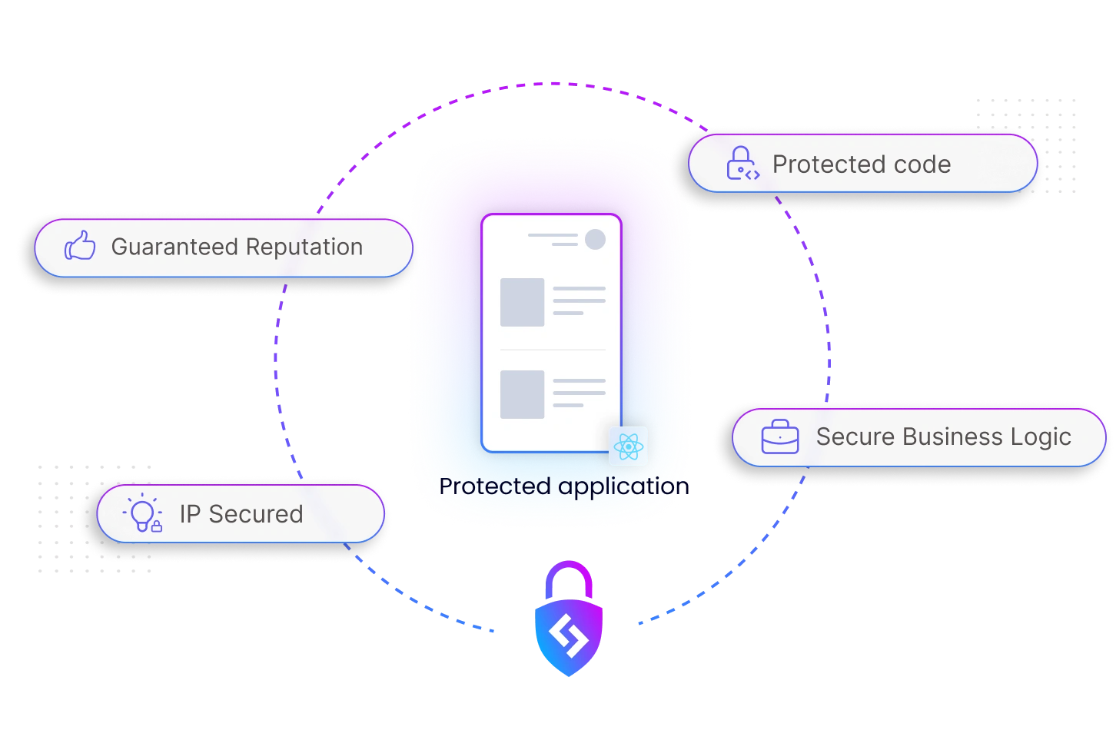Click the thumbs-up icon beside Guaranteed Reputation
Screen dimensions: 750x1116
[80, 247]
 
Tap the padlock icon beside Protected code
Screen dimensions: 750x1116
[742, 164]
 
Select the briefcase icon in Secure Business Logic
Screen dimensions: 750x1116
[779, 436]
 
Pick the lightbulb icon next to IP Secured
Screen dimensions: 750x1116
[143, 514]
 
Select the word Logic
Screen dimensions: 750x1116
[1041, 436]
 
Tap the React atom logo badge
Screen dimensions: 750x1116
[628, 446]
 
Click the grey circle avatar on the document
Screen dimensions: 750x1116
[595, 239]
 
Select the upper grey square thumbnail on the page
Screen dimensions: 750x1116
[522, 302]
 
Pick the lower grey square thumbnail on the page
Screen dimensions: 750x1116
[522, 394]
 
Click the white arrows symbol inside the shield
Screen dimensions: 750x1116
[568, 638]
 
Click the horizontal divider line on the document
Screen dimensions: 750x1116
[552, 350]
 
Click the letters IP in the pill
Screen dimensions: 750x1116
[190, 514]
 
